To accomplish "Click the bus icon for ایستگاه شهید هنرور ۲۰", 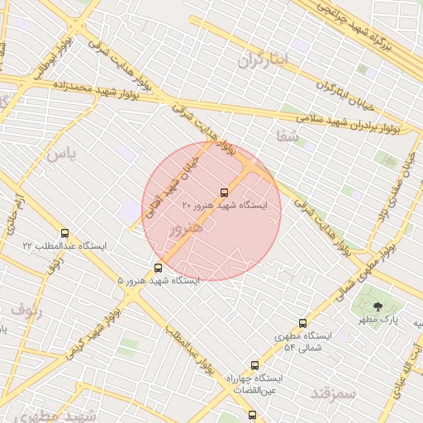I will coord(224,192).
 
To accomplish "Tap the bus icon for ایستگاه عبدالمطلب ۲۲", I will coord(65,234).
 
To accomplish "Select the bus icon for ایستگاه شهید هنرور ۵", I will coord(158,268).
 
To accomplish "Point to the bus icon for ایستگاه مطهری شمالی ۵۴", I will coord(302,323).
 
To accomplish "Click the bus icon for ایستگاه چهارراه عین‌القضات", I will coord(254,364).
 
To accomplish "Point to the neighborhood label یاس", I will coord(60,153).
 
